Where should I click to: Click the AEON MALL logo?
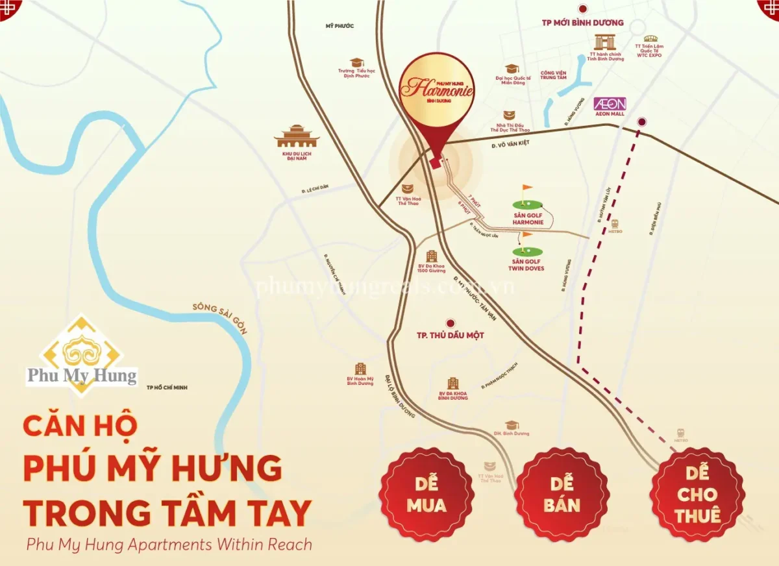coord(610,104)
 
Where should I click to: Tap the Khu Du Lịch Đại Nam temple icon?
coord(297,137)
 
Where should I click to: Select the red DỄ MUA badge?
coord(427,494)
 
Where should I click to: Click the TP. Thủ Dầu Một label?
coord(450,336)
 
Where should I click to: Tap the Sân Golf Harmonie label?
coord(528,218)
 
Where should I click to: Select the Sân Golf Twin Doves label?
coord(526,264)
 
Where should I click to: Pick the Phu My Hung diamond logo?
coord(81,355)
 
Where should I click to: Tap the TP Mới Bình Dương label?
coord(582,23)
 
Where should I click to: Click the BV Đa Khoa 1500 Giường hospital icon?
coord(431,256)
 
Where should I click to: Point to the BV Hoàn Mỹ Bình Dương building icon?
coord(360,369)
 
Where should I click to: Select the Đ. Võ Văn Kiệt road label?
coord(512,145)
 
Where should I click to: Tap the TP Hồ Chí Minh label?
coord(167,388)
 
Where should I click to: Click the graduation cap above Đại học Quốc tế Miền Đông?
coord(513,68)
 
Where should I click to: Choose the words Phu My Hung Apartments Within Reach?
coord(169,545)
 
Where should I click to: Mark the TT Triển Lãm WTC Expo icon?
coord(650,38)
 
